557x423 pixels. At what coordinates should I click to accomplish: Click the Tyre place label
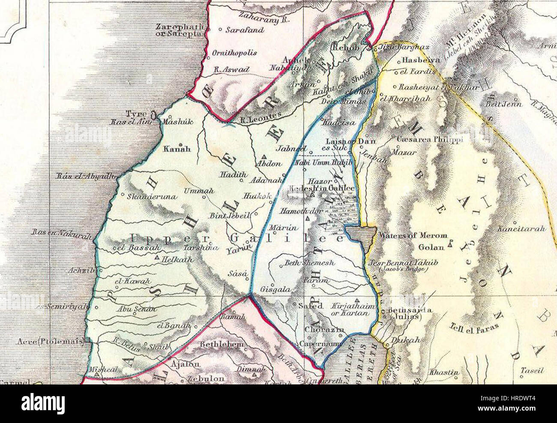tap(136, 114)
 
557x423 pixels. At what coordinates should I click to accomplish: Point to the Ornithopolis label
tap(235, 53)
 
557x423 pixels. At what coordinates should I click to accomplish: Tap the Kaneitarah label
tap(521, 229)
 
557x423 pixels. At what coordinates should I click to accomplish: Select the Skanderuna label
tap(146, 197)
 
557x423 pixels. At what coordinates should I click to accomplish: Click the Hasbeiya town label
tap(415, 61)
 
